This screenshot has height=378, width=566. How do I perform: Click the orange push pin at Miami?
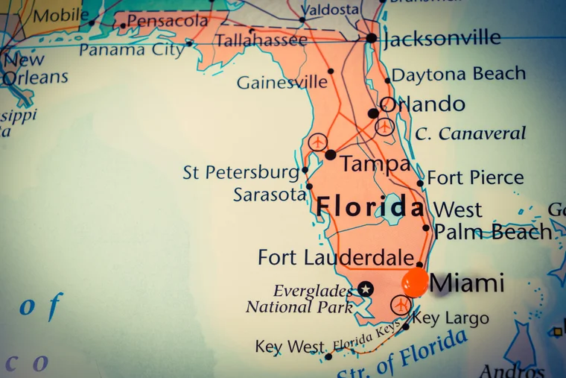(416, 283)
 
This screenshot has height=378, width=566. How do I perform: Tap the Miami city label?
(467, 283)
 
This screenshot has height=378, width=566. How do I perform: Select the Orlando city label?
(422, 104)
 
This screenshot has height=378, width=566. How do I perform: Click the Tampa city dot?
(330, 154)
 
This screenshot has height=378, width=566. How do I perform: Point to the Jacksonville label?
(442, 38)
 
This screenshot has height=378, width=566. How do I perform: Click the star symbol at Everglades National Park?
(365, 289)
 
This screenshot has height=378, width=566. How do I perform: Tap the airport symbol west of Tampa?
(318, 141)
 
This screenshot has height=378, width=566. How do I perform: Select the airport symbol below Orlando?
(384, 127)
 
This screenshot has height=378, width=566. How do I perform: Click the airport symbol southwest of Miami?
(401, 304)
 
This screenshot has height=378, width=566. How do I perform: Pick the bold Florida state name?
(370, 207)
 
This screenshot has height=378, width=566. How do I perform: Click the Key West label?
(290, 347)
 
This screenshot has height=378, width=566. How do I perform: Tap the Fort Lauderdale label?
(336, 258)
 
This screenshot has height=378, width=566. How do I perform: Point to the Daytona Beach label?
(459, 75)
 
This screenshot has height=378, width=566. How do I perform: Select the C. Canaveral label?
(471, 134)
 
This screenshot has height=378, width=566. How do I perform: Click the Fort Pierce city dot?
(420, 183)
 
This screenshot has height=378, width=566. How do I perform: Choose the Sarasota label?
(270, 195)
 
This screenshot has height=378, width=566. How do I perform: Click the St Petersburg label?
(241, 172)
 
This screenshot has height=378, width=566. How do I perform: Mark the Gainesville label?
(282, 82)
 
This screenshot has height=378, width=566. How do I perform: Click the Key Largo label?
(451, 318)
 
